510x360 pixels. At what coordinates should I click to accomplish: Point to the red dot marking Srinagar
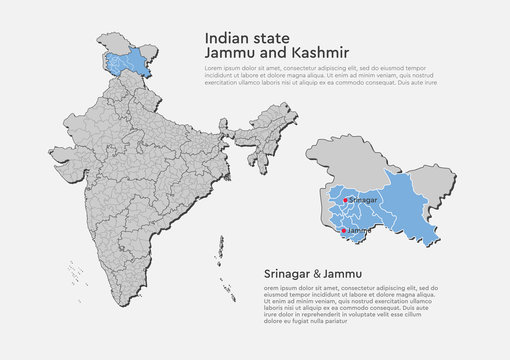pyautogui.click(x=346, y=200)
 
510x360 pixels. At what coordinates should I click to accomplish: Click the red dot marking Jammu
pyautogui.click(x=344, y=230)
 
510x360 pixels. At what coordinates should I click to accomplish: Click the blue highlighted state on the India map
pyautogui.click(x=132, y=61)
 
